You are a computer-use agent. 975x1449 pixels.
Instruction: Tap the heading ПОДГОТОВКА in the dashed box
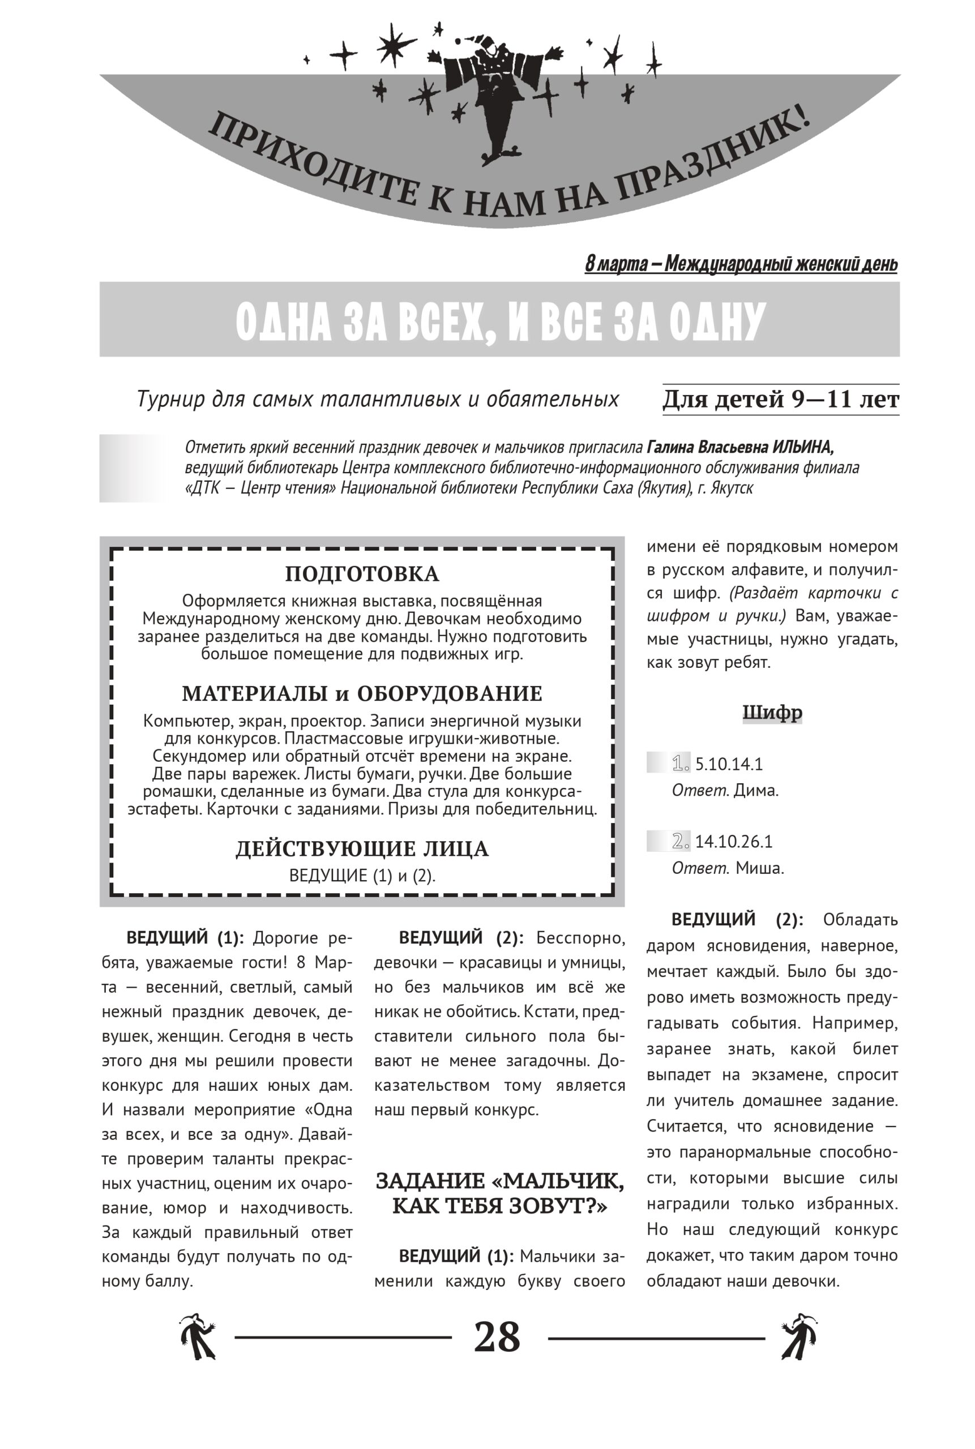click(362, 574)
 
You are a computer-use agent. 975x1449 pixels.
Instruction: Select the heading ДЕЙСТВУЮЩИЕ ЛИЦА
click(362, 849)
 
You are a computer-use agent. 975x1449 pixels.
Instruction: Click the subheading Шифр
click(772, 713)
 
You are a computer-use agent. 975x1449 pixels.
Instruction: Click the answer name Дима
click(756, 791)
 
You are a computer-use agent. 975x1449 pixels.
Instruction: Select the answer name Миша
click(759, 868)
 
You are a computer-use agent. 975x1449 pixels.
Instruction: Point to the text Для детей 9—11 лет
click(780, 399)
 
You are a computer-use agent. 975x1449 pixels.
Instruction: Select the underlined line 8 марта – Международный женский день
click(741, 264)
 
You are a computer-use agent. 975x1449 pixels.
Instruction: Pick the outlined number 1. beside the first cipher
click(681, 763)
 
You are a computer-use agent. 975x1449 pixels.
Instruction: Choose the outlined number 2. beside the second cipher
click(681, 841)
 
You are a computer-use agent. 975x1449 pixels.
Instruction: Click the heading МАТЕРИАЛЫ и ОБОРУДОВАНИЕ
click(362, 694)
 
